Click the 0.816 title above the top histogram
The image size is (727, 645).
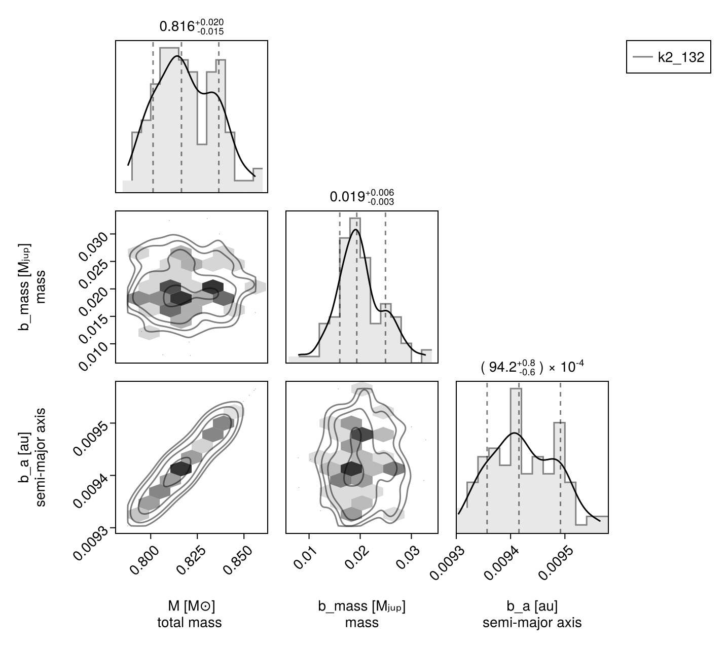point(191,26)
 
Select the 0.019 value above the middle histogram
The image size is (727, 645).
point(361,197)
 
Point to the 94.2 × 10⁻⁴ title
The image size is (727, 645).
point(532,368)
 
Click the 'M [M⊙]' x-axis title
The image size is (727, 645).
point(191,606)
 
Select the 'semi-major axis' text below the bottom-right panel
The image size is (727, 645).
point(532,623)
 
